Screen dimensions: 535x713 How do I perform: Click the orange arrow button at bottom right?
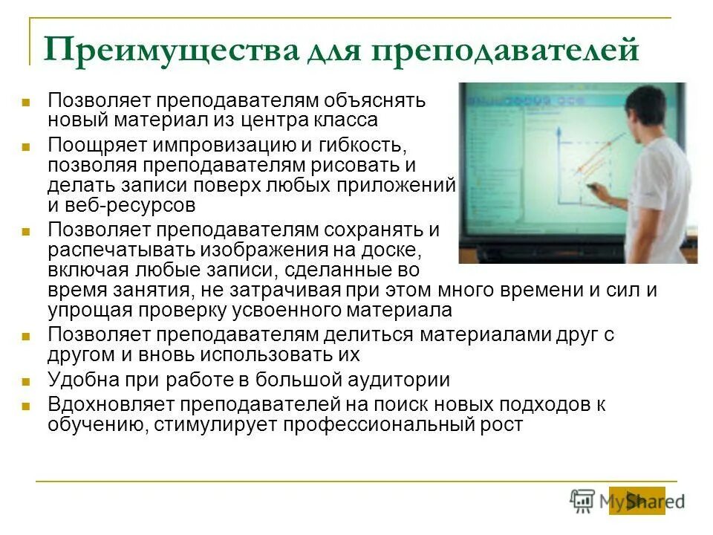point(637,500)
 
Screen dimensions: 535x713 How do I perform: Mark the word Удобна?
point(82,380)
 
